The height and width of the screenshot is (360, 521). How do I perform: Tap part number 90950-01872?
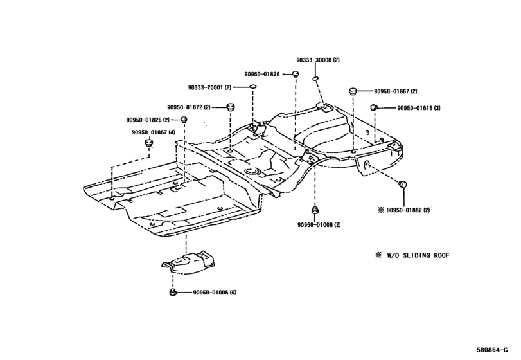[x=185, y=107]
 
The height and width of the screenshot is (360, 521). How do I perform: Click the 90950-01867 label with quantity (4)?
[x=149, y=132]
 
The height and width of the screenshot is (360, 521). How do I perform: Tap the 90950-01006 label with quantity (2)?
[x=315, y=224]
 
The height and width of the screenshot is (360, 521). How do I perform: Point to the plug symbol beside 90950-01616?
[x=373, y=107]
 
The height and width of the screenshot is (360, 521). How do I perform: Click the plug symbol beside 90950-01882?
[x=405, y=186]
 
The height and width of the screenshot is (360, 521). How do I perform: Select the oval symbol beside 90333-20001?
[x=253, y=86]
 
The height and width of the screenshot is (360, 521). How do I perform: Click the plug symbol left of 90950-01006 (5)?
[x=173, y=292]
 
